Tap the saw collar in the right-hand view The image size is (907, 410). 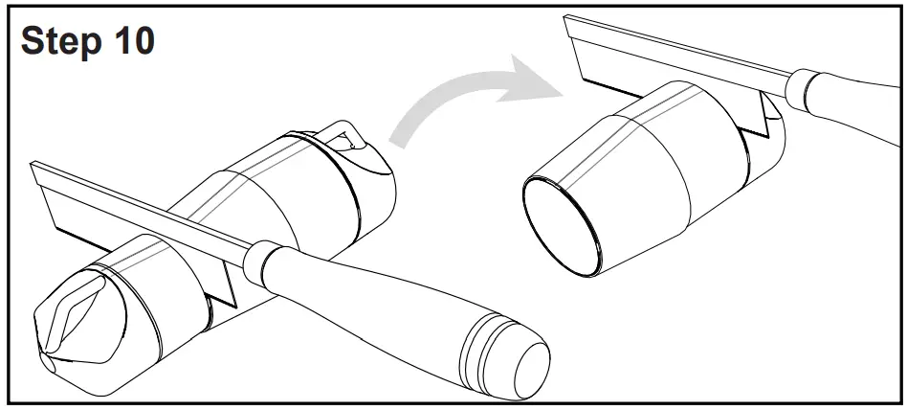pos(799,88)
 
